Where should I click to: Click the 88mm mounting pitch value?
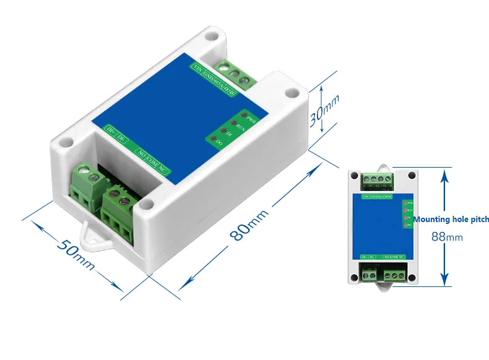tap(447, 236)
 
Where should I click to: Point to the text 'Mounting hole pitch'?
tap(451, 219)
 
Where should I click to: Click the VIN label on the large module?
tap(197, 67)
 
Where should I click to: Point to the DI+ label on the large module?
tap(110, 131)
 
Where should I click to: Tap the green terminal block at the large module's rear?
tap(233, 74)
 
